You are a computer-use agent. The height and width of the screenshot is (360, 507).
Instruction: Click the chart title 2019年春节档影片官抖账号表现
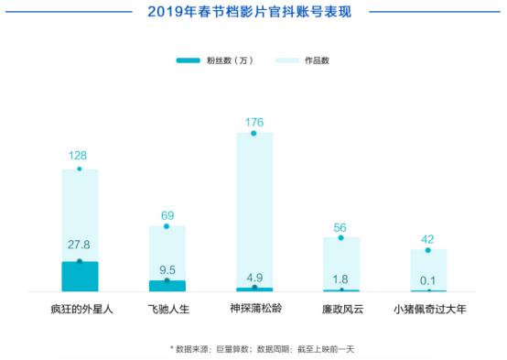pos(253,13)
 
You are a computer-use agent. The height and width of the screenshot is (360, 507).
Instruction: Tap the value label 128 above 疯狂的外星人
pos(79,157)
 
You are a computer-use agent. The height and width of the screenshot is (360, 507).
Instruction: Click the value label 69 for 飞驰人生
pos(167,213)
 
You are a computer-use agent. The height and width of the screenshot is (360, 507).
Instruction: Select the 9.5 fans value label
pos(167,269)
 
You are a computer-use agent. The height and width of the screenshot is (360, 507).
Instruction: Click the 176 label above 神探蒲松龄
pos(254,121)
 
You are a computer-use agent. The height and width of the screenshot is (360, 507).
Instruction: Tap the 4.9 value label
pos(254,274)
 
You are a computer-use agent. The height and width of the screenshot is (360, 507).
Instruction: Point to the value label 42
pos(427,236)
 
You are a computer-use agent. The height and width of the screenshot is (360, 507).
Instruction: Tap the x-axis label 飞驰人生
pos(167,310)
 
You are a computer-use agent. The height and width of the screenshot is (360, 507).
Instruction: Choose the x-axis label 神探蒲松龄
pos(254,310)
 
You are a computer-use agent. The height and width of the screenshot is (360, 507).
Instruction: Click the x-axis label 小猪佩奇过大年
pos(428,310)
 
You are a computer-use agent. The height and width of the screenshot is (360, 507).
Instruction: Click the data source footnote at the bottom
pos(253,348)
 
